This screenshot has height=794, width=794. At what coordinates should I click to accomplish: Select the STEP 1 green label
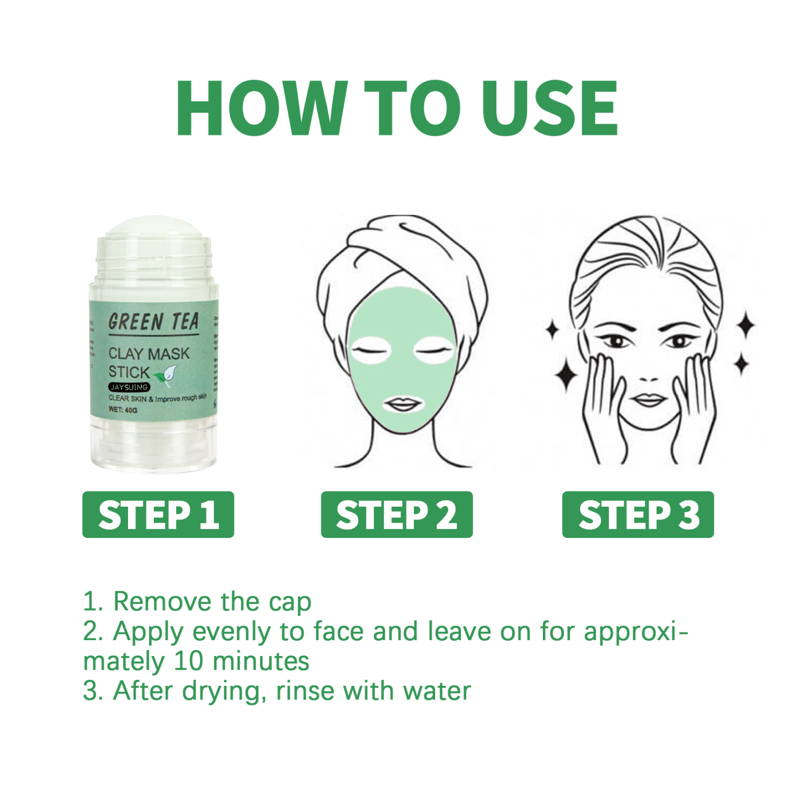tap(158, 515)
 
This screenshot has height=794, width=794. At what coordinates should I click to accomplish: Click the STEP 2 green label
tap(397, 515)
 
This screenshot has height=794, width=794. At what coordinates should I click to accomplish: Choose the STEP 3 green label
tap(638, 515)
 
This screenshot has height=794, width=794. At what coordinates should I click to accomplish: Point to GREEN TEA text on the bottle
tap(153, 322)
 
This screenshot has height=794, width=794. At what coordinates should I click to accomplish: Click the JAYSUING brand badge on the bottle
tap(129, 387)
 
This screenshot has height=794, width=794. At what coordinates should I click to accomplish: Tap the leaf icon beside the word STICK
tap(168, 374)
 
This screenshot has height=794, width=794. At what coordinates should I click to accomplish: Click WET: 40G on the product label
tap(123, 410)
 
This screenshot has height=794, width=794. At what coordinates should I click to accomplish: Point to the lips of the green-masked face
tap(403, 406)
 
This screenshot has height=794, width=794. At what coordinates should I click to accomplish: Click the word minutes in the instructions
tap(261, 661)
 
